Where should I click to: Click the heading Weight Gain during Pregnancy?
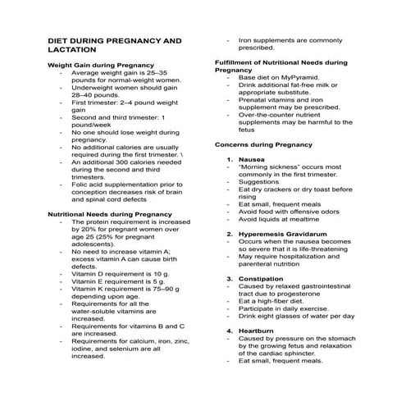tap(100, 64)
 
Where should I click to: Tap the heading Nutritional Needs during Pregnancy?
tap(109, 213)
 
